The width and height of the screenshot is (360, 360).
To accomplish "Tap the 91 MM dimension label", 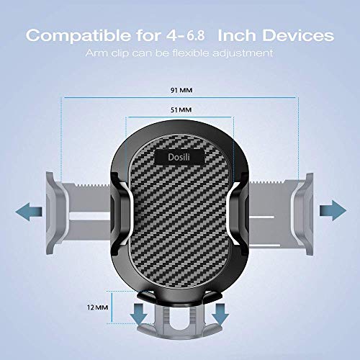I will click(x=180, y=91).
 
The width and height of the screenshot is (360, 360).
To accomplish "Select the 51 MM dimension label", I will click(x=180, y=110).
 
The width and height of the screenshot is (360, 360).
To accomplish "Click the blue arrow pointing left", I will click(x=27, y=210).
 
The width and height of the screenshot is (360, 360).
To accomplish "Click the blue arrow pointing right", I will click(x=333, y=210).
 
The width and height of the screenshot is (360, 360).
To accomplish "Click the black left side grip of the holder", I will click(x=117, y=209).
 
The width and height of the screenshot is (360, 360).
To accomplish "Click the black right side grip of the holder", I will click(x=243, y=209).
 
